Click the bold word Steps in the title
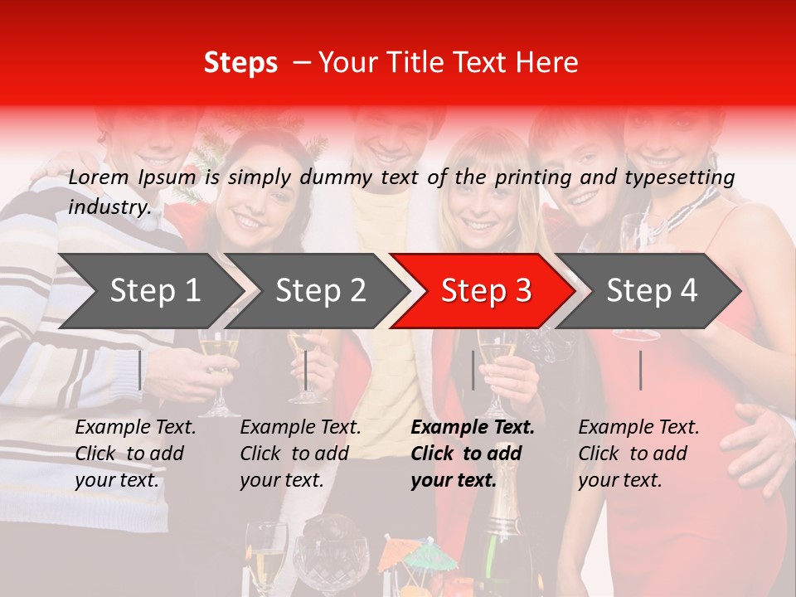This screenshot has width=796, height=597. (240, 63)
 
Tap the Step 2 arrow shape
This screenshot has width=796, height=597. (319, 291)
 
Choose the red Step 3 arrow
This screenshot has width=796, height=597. (485, 291)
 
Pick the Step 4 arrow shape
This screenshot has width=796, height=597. (651, 291)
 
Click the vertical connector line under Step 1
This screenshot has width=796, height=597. (140, 370)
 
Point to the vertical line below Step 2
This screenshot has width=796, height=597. (306, 370)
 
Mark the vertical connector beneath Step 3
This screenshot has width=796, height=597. (473, 370)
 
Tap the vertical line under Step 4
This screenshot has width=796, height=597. (640, 370)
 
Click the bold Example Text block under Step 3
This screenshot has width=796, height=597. (473, 454)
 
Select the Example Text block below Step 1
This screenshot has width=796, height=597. (136, 454)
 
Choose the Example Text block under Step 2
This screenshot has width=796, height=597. (301, 454)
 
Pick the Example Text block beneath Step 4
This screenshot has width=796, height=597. (638, 454)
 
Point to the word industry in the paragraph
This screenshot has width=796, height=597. (109, 207)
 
